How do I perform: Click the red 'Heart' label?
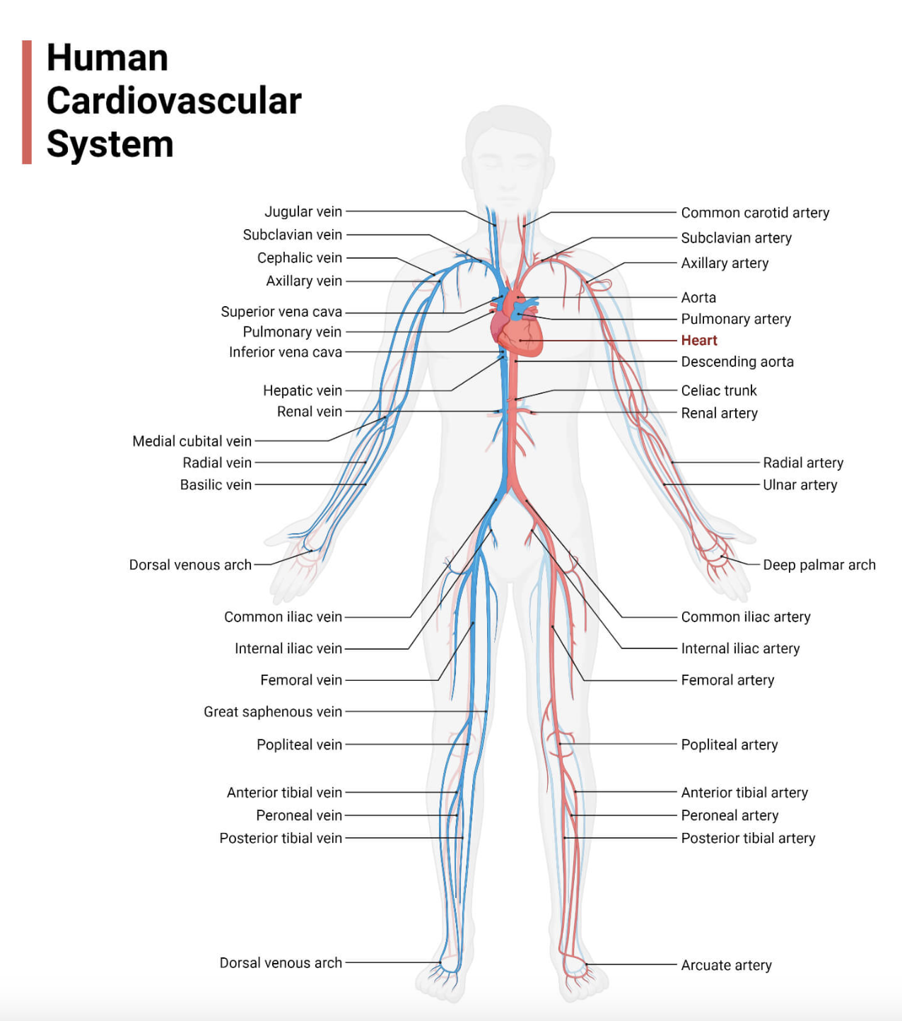click(698, 340)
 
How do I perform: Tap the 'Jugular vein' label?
click(303, 211)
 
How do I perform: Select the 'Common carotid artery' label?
click(754, 213)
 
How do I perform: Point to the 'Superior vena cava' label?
click(281, 312)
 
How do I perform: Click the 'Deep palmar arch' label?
click(819, 565)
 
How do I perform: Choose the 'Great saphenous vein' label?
click(272, 712)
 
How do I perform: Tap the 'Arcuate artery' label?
click(726, 965)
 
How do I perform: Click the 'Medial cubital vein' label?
click(192, 441)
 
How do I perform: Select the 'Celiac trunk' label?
click(718, 391)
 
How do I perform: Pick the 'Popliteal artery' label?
click(729, 745)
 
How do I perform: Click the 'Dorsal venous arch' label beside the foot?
click(280, 963)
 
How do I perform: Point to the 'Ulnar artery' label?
click(799, 485)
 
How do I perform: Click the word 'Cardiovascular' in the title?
click(174, 100)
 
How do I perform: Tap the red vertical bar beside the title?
click(27, 102)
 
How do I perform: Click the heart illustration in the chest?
click(517, 329)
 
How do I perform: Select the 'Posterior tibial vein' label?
click(280, 839)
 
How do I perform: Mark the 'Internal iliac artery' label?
click(740, 648)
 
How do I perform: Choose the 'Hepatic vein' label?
click(302, 391)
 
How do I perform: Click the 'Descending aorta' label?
click(737, 362)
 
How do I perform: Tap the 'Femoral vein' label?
click(300, 680)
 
